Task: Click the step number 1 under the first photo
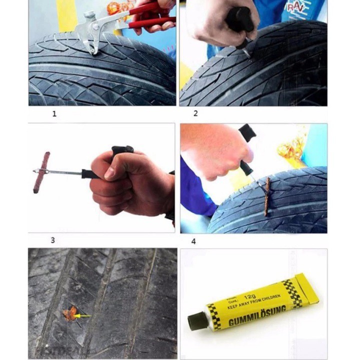pos(54,113)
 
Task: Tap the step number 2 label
pos(195,113)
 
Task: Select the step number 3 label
pos(52,240)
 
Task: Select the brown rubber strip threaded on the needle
pos(44,172)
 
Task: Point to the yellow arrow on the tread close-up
pos(82,316)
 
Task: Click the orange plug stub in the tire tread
pos(69,313)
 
